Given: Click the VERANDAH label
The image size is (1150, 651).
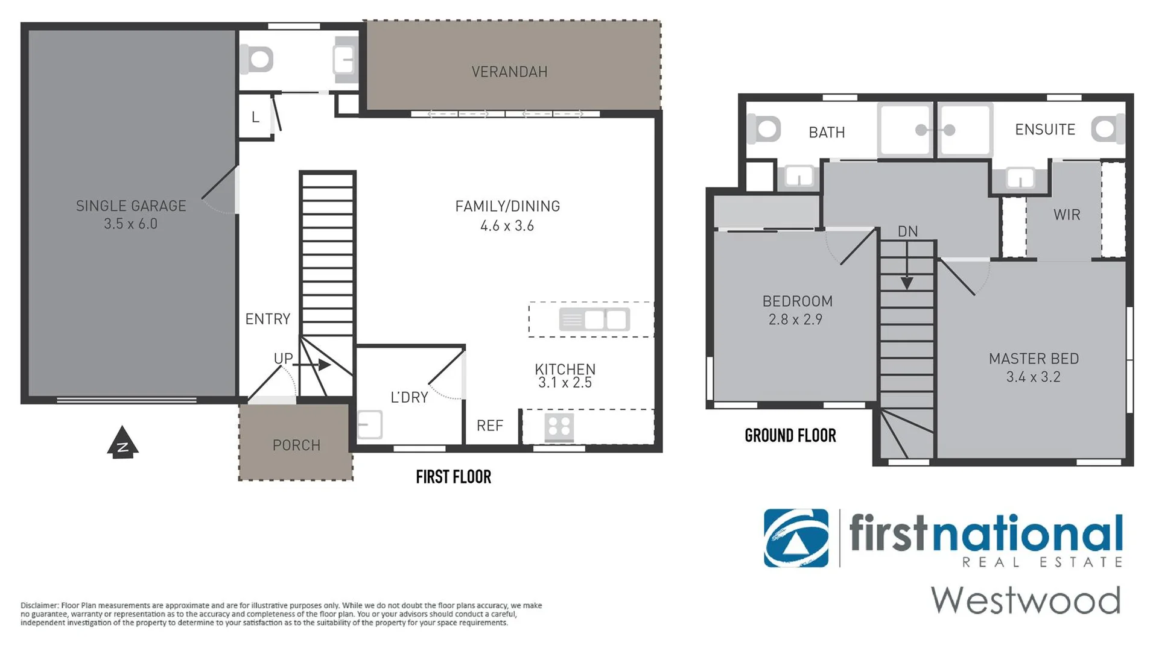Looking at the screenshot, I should pos(509,72).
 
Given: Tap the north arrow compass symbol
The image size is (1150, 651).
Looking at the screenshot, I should pos(122,443).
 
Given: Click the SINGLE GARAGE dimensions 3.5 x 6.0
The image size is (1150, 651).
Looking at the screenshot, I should pos(130,224).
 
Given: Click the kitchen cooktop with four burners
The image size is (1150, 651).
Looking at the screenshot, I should pos(559,427).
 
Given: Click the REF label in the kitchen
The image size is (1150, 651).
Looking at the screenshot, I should pos(489,426).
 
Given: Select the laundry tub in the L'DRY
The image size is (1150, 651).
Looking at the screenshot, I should pos(370,424).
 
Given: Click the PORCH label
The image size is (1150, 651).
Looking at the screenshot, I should pos(296,445).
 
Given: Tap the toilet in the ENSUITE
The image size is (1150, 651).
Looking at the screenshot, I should pos(1107,129).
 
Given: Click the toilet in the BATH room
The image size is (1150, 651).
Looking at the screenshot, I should pos(764,129).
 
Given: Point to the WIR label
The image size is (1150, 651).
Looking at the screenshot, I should pos(1066,215).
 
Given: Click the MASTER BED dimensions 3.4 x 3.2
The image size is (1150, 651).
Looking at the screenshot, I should pos(1033,377).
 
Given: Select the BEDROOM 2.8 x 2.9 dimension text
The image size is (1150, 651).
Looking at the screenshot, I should pos(795,319).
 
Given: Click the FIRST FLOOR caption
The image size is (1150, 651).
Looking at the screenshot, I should pos(453,477).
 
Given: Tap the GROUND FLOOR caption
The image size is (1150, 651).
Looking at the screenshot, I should pos(790,435).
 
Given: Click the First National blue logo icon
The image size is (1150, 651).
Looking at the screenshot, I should pos(796,538).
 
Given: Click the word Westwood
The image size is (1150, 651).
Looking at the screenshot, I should pos(1025,600).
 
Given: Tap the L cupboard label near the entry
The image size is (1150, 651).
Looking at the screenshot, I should pos(255,117).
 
